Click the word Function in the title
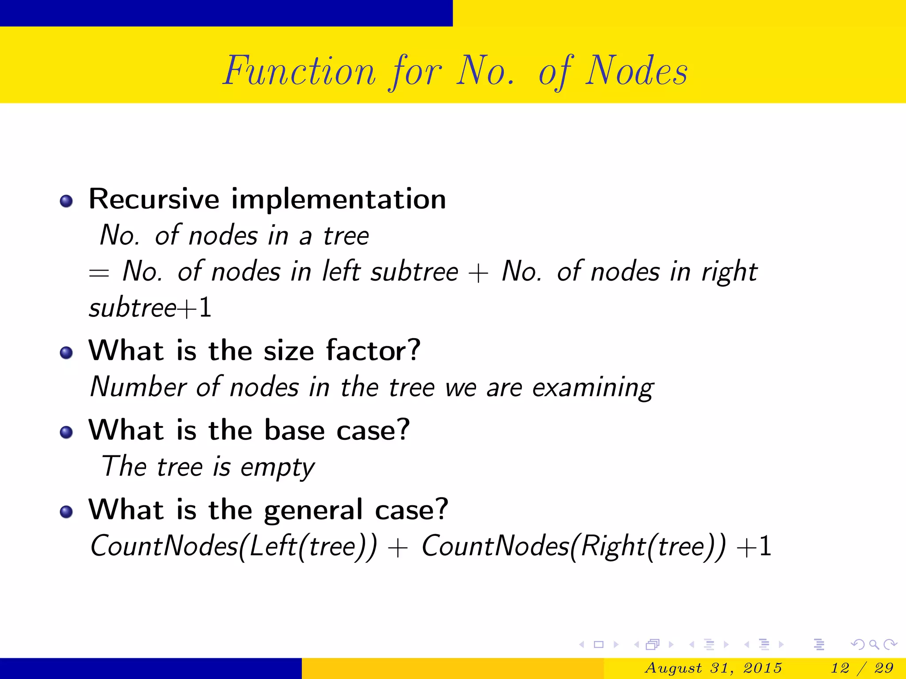point(299,72)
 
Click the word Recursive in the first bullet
point(154,199)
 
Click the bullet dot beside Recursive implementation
point(66,201)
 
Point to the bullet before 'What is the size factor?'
point(66,353)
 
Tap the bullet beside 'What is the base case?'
point(66,432)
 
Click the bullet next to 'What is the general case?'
point(66,511)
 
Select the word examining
point(593,388)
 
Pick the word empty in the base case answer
point(277,468)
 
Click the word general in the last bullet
point(313,510)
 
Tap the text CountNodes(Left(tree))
point(234,546)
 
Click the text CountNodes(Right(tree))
point(573,546)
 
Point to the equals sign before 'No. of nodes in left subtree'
point(99,273)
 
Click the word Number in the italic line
point(138,387)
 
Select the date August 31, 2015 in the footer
point(713,668)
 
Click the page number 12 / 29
point(862,668)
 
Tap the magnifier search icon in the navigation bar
point(874,645)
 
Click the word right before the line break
point(729,272)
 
